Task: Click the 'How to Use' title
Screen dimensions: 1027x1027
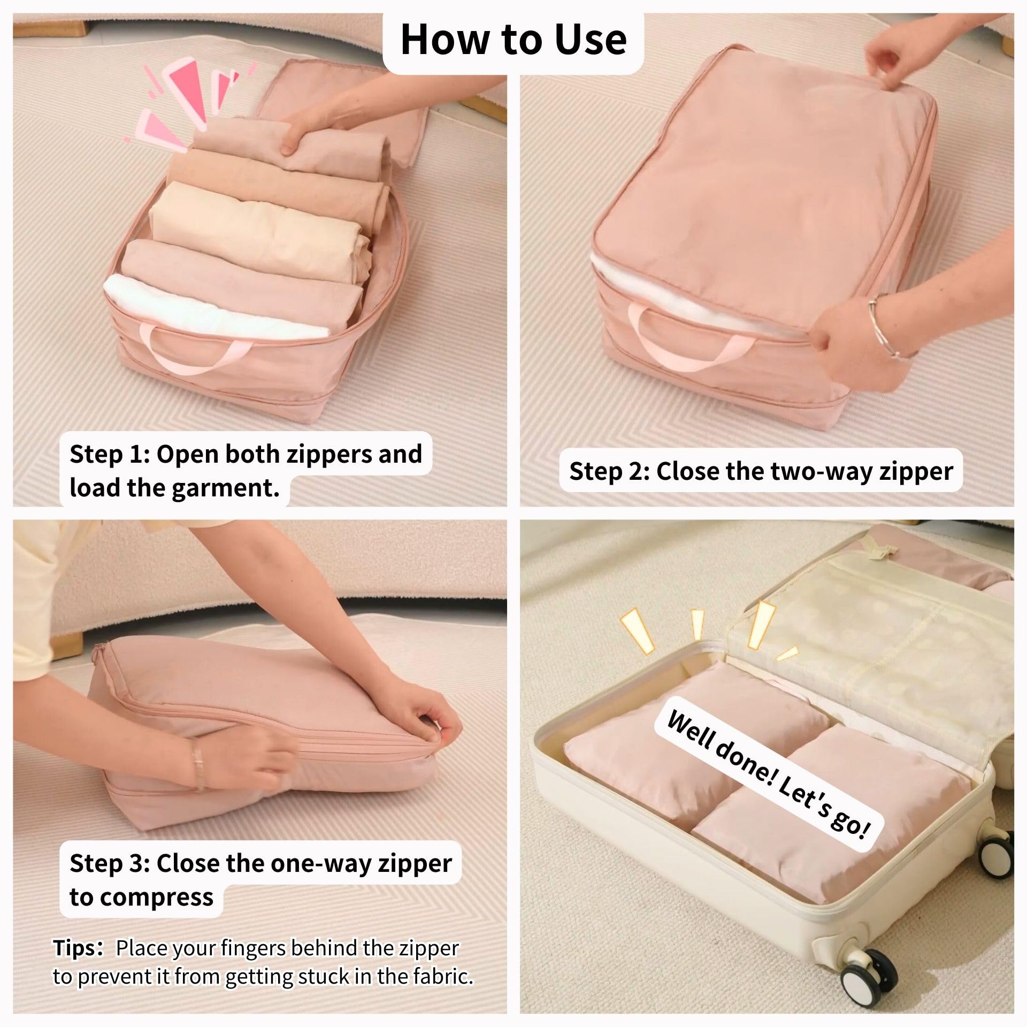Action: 513,39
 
